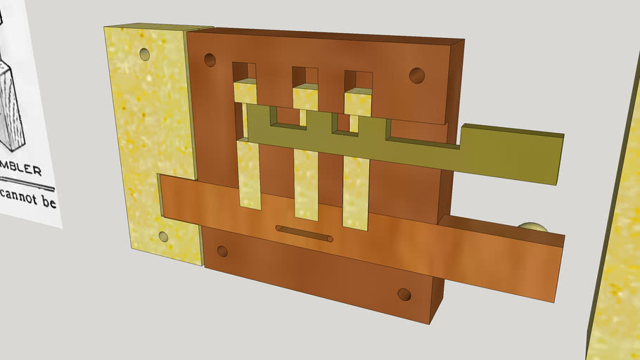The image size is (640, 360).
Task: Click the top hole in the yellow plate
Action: (x=145, y=53)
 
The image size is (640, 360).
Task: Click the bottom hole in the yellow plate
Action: (x=164, y=237)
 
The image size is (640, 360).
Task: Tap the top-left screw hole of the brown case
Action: (x=210, y=60)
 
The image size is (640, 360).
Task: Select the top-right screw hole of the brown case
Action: (x=417, y=75)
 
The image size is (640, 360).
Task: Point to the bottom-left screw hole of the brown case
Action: (x=222, y=251)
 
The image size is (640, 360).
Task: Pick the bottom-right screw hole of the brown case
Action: (x=404, y=295)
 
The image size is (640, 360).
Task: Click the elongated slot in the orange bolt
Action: (x=304, y=233)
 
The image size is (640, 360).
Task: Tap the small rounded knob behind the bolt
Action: (x=532, y=226)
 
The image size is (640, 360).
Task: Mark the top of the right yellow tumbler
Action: (x=357, y=103)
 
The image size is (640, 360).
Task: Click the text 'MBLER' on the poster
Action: (x=21, y=169)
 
